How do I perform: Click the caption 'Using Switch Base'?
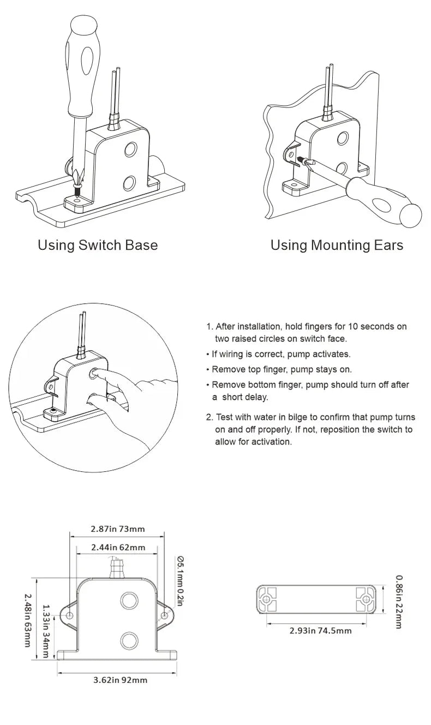click(x=98, y=245)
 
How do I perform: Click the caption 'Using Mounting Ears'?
click(x=337, y=245)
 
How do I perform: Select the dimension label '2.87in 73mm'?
click(x=118, y=529)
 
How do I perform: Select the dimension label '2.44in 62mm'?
click(x=118, y=547)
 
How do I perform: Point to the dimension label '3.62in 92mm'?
click(x=120, y=680)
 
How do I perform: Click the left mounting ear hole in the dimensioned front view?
click(x=70, y=615)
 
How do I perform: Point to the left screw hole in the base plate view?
click(x=266, y=600)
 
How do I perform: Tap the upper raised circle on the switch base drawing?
click(x=131, y=149)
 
